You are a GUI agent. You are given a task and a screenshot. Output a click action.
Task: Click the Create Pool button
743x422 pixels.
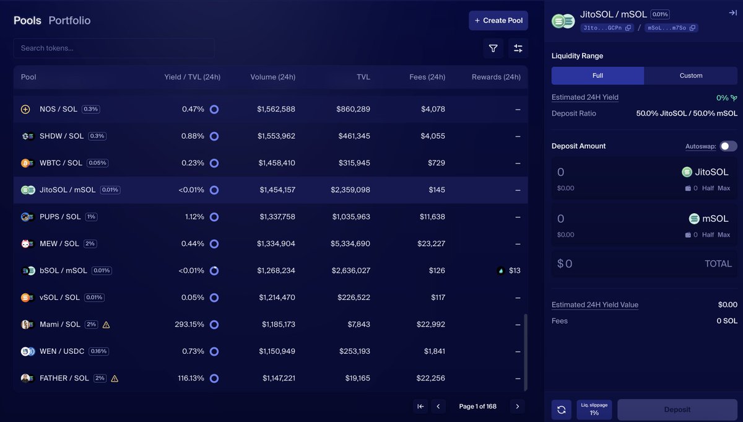point(498,20)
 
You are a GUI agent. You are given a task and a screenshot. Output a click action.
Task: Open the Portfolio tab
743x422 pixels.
point(69,20)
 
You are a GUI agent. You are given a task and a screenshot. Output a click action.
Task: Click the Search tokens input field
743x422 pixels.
point(114,48)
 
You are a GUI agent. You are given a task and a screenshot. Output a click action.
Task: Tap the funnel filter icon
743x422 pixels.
point(493,48)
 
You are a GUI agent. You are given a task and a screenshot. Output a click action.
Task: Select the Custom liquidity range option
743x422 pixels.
point(690,76)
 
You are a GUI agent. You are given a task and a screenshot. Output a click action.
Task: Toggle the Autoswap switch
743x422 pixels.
point(728,146)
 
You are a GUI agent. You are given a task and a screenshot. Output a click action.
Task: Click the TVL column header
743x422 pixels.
point(363,77)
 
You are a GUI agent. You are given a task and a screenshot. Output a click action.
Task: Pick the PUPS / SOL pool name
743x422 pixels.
point(60,217)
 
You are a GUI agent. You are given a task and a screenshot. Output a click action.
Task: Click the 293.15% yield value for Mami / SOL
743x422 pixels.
point(189,324)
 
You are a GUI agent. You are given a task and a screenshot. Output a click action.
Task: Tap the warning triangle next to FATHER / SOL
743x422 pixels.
point(115,379)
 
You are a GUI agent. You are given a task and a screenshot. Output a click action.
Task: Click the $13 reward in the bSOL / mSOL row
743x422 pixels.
point(514,271)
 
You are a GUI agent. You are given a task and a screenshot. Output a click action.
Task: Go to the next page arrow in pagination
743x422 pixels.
point(517,407)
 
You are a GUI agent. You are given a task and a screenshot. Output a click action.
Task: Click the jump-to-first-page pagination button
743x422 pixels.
point(420,407)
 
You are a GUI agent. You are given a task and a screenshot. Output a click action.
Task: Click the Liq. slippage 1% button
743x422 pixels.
point(594,410)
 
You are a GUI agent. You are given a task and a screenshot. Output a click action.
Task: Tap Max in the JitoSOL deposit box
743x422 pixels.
point(724,188)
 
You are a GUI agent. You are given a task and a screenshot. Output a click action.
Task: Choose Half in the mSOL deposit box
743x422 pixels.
point(708,235)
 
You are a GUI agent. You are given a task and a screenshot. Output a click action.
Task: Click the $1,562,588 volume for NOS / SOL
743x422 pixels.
point(276,109)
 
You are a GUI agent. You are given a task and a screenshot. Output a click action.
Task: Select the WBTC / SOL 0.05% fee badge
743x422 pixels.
point(97,163)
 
